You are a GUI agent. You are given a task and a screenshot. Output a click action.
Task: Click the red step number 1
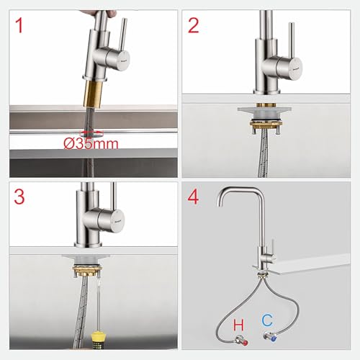point(19,26)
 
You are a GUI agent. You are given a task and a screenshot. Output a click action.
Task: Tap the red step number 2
point(194,25)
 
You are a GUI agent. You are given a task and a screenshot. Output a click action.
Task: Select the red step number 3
point(19,197)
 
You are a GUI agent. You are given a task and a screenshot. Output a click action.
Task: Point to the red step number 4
point(193,197)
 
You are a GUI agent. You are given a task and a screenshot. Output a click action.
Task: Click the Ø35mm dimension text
point(91,144)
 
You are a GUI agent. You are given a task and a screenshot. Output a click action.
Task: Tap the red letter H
point(238,325)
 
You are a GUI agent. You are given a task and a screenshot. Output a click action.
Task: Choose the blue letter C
point(267,320)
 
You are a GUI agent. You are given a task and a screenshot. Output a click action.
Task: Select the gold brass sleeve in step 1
point(94,94)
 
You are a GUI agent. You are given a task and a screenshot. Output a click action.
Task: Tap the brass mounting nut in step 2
point(265,124)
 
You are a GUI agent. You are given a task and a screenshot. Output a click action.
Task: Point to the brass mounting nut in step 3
point(88,269)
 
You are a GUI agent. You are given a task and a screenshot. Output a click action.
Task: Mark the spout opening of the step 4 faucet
point(220,204)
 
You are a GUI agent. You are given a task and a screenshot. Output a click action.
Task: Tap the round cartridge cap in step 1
point(124,60)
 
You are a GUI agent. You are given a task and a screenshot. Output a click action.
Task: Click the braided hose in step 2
point(263,153)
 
